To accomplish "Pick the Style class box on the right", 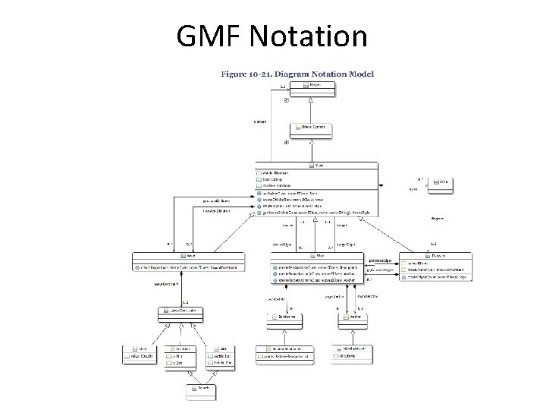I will (x=444, y=182).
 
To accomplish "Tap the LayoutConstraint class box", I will (x=182, y=311).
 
